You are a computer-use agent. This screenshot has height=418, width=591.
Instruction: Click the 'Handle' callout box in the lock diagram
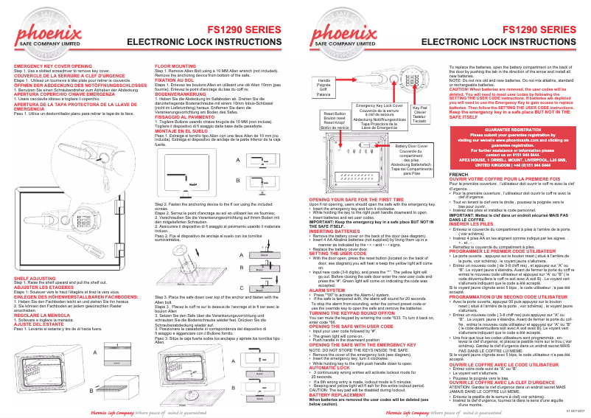(324, 87)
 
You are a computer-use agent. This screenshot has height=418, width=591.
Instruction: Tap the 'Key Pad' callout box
(420, 113)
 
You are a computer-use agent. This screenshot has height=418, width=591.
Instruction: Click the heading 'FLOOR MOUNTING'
(175, 66)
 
